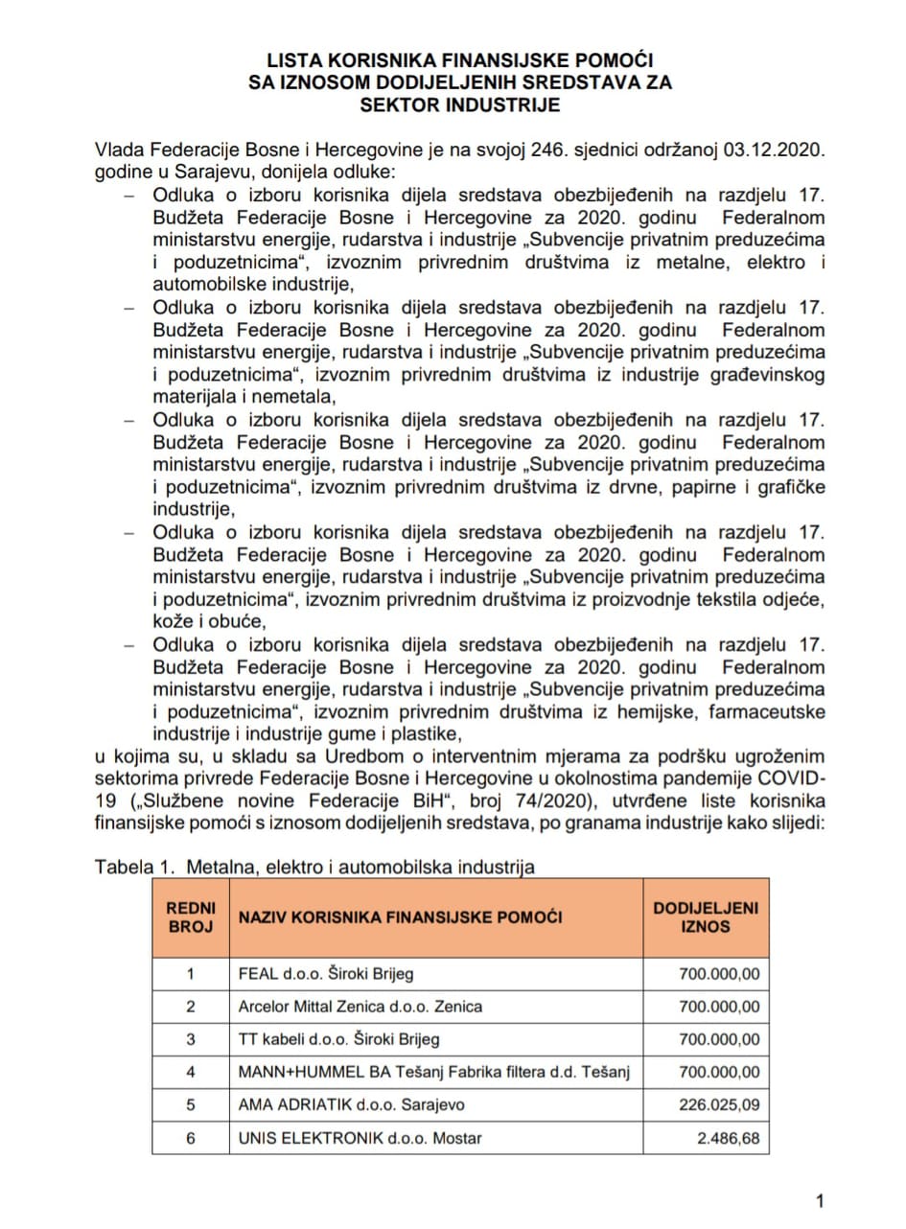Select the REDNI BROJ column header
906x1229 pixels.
pyautogui.click(x=191, y=917)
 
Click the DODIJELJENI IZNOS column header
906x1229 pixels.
pyautogui.click(x=705, y=917)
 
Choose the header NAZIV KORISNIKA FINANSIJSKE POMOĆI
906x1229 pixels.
pyautogui.click(x=401, y=917)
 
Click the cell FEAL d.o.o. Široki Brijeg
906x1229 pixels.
pyautogui.click(x=326, y=974)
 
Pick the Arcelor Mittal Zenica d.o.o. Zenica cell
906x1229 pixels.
pyautogui.click(x=360, y=1007)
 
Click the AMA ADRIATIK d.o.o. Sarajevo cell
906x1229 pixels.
pyautogui.click(x=351, y=1104)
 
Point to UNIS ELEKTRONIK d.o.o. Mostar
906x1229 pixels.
pyautogui.click(x=360, y=1138)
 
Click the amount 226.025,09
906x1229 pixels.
pyautogui.click(x=719, y=1104)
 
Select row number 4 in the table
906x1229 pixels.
pyautogui.click(x=191, y=1072)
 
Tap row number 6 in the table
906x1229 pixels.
pyautogui.click(x=191, y=1138)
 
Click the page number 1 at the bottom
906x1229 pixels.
pyautogui.click(x=819, y=1200)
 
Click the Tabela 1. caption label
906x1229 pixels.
pyautogui.click(x=135, y=868)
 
